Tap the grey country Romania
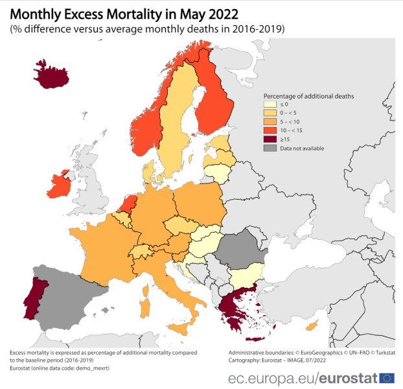click(240, 249)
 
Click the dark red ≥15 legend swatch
click(269, 139)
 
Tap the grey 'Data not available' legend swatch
click(269, 148)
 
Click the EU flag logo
click(387, 378)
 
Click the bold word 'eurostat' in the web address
click(350, 378)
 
